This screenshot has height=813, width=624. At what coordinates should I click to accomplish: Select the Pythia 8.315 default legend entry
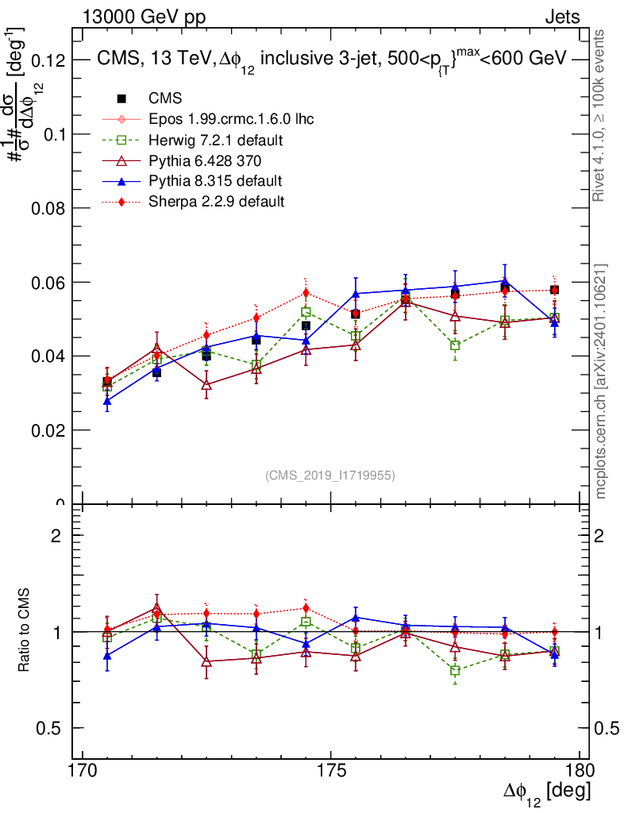[x=214, y=181]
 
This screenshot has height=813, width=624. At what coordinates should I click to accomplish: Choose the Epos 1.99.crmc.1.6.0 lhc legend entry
[x=231, y=120]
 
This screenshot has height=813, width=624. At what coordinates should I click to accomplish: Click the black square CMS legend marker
[x=121, y=98]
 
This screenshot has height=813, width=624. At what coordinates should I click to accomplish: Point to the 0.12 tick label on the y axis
[x=48, y=60]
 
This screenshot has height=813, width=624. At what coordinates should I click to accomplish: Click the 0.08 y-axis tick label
[x=48, y=208]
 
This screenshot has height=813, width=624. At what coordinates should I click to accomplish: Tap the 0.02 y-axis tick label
[x=48, y=430]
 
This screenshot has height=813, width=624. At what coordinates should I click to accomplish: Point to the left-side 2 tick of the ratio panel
[x=56, y=535]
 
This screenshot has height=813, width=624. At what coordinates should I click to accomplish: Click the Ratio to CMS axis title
[x=25, y=632]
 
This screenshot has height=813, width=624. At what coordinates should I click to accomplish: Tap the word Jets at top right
[x=561, y=17]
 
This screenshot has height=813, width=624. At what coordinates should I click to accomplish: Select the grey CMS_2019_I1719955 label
[x=330, y=475]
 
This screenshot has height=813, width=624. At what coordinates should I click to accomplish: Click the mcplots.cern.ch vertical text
[x=601, y=381]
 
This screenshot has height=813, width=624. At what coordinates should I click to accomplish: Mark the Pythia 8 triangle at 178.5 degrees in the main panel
[x=504, y=280]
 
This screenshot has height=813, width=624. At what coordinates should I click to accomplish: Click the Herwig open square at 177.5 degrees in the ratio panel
[x=455, y=671]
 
